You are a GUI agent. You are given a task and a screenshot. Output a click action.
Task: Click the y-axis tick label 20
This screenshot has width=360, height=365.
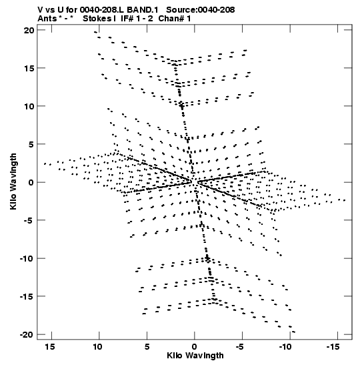point(29,30)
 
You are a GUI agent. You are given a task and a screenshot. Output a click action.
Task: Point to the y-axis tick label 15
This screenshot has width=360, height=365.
point(29,69)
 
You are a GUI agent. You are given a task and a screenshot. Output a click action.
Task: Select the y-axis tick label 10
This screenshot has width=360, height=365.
point(29,106)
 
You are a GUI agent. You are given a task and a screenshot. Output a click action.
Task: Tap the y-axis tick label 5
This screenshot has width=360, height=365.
point(31,144)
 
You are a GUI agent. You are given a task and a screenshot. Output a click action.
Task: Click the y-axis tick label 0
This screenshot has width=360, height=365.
point(31,183)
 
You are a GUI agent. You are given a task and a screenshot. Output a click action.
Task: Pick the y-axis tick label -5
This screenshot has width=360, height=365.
point(29,220)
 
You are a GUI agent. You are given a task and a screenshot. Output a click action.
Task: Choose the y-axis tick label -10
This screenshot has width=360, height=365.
point(27,258)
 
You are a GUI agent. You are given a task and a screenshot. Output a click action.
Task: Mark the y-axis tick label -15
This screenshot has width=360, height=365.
point(27,296)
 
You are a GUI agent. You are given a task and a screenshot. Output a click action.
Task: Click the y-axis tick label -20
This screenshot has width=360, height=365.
point(27,334)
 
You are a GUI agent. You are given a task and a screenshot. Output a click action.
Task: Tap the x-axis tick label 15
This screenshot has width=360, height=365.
point(50,347)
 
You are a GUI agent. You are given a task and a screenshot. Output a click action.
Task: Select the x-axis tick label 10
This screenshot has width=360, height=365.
point(98,347)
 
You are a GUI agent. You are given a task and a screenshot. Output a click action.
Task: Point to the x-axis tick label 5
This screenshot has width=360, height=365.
point(147,347)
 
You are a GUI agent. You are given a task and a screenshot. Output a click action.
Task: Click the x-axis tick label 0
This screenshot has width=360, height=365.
point(195,347)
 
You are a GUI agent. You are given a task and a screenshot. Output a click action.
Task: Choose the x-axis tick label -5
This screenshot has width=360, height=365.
point(240,347)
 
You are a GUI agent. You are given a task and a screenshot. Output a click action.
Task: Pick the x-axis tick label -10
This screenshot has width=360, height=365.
point(285,347)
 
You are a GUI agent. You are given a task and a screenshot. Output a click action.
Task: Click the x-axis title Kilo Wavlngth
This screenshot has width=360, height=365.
point(195,356)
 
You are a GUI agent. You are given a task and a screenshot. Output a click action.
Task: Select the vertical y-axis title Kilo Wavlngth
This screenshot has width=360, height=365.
point(13,181)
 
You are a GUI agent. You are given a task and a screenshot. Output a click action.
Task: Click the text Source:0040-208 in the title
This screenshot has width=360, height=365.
point(201,10)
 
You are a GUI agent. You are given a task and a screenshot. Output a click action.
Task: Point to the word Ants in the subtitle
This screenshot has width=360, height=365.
point(47,19)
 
